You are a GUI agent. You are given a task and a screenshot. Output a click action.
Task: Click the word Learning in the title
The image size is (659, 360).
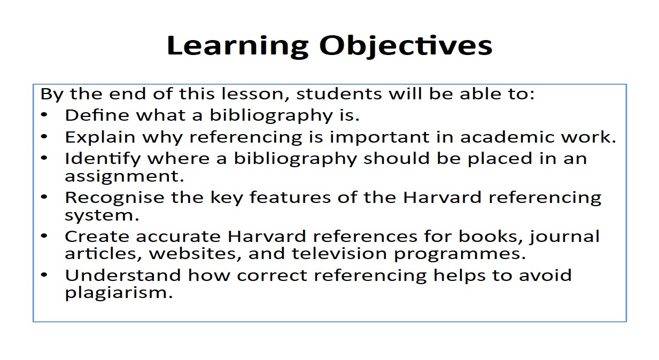tap(237, 46)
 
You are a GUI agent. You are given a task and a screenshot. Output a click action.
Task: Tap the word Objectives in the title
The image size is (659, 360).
tap(406, 46)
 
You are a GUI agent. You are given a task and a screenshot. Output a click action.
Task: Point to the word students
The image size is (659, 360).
tap(339, 94)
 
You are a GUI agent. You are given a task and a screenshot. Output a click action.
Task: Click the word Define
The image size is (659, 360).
tap(97, 115)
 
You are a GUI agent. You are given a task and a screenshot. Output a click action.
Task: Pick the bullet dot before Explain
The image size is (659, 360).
tap(44, 136)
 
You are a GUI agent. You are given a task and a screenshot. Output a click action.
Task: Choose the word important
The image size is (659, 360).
tap(379, 138)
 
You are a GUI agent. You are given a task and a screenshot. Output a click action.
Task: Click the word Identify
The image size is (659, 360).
tap(103, 159)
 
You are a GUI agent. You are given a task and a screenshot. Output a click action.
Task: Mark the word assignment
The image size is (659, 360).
tap(124, 177)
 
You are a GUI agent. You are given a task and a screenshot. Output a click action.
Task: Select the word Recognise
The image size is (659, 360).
tap(114, 198)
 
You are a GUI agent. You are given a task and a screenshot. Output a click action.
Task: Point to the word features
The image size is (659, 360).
tap(290, 197)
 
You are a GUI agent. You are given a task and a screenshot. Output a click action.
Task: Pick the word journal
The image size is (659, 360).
tap(564, 237)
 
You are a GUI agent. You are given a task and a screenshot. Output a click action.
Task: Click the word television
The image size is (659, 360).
tap(339, 254)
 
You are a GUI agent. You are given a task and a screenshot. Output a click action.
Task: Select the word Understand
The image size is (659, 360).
tap(123, 276)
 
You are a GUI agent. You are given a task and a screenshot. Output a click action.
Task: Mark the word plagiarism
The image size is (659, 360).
tap(119, 293)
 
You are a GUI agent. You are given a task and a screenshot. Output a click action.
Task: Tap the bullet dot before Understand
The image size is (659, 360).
tap(44, 275)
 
